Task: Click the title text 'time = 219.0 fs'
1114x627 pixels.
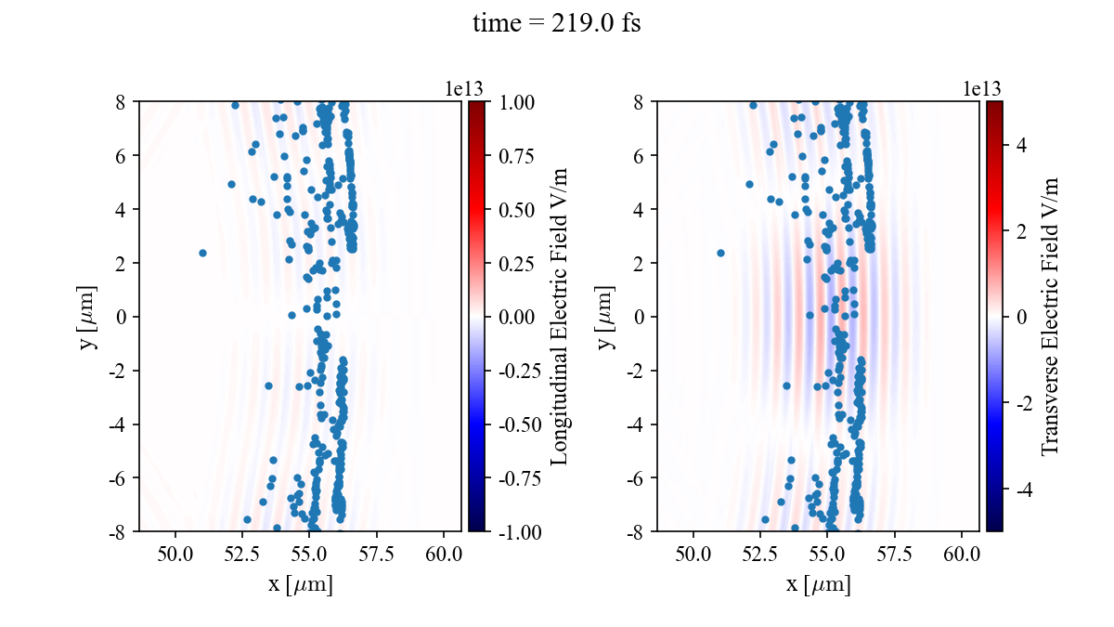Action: coord(556,24)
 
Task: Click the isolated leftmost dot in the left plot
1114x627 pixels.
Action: coord(202,253)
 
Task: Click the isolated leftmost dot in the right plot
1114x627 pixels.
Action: coord(720,253)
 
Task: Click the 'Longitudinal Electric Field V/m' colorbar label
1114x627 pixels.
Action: coord(560,317)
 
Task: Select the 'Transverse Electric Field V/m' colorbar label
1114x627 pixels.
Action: coord(1050,317)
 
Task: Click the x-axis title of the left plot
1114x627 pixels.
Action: coord(300,585)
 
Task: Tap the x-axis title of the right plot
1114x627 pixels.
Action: coord(818,585)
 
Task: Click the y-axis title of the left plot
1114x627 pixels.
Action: coord(88,317)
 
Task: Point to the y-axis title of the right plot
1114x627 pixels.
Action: coord(606,317)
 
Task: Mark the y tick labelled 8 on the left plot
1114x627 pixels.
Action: coord(121,102)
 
